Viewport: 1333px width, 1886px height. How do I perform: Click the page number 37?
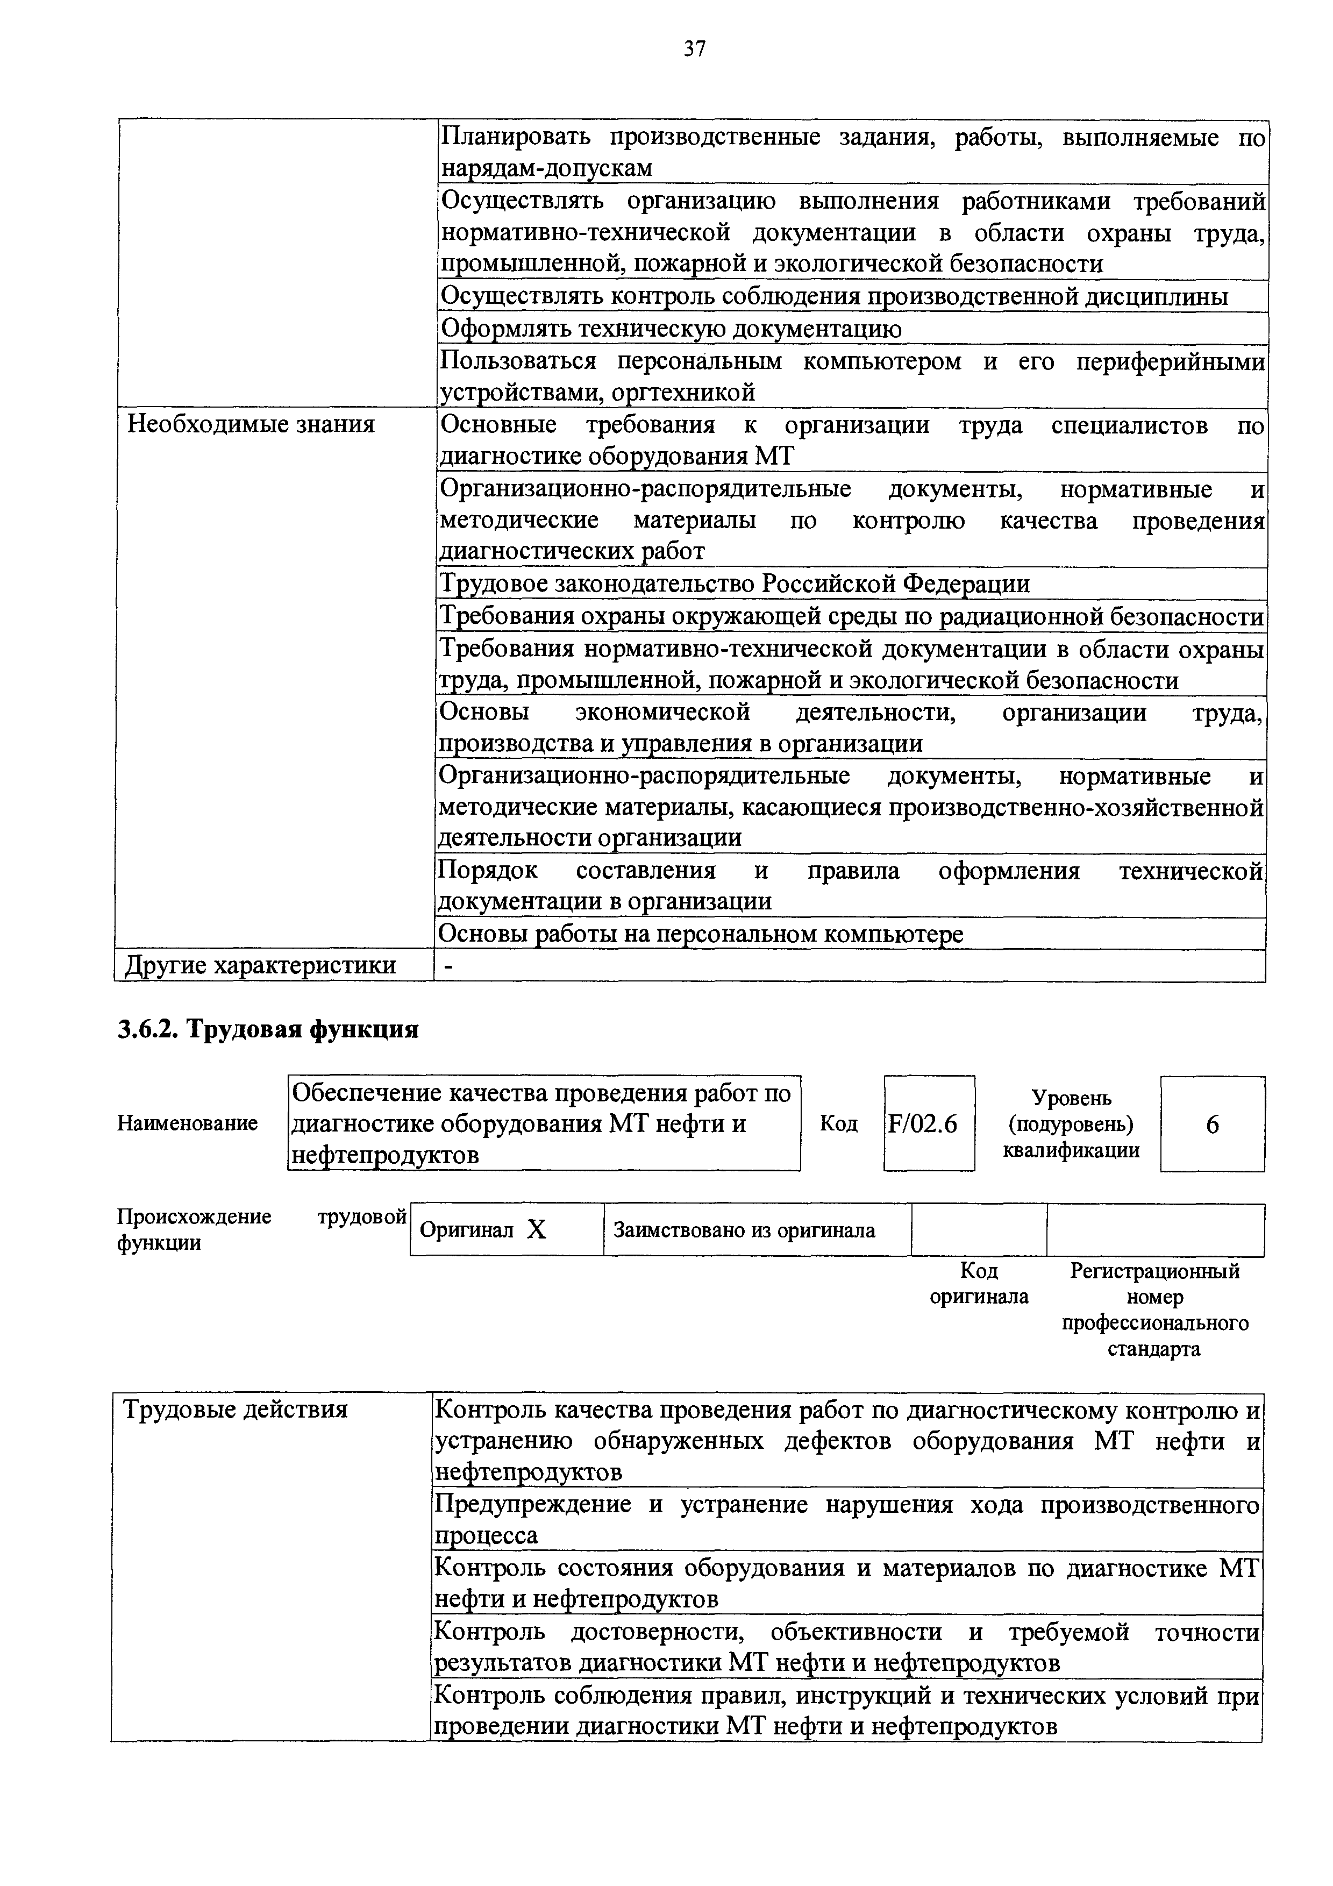tap(694, 49)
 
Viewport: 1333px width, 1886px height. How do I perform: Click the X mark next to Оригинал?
tap(536, 1230)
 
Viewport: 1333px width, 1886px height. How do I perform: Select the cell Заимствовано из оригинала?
tap(744, 1230)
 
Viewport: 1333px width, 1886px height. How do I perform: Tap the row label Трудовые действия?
tap(235, 1410)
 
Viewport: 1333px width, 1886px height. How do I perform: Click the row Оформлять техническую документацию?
tap(671, 329)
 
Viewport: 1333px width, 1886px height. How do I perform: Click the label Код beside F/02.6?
tap(838, 1123)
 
